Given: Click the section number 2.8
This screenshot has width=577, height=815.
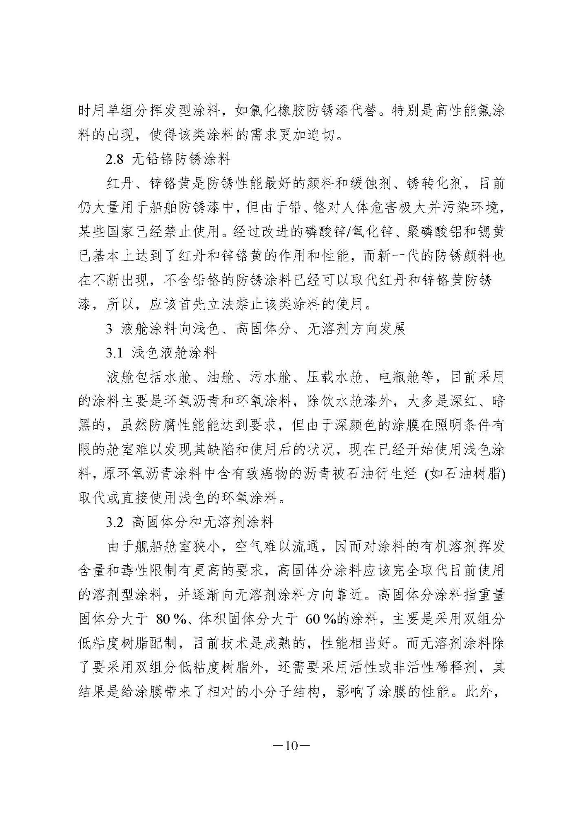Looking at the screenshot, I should pos(115,159).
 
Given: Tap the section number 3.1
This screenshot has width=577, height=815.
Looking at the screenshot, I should pos(115,353).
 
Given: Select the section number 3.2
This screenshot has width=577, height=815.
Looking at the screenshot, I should pos(115,522).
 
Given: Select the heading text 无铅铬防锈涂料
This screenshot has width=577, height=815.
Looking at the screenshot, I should pos(181,159).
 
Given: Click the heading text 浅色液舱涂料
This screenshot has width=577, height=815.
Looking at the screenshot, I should pos(174,353).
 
